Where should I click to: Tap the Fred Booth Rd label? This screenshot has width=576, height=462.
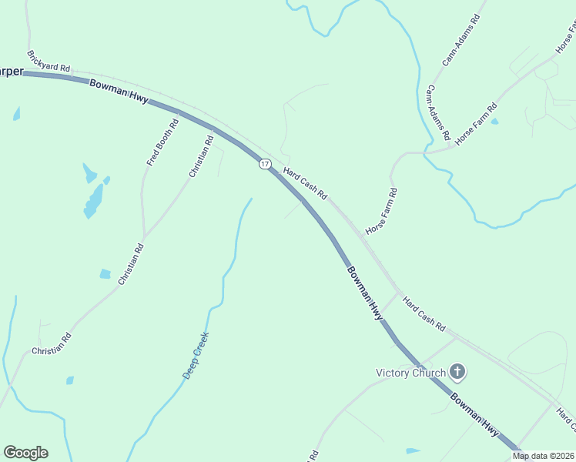tap(162, 141)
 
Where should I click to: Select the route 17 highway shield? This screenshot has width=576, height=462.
tap(265, 164)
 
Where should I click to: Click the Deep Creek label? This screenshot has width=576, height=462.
tap(196, 355)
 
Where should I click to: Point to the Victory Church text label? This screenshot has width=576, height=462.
tap(410, 373)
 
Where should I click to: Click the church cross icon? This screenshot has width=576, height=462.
tap(457, 373)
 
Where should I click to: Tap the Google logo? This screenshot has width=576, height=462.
tap(25, 453)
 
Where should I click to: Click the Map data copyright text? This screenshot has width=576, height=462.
tap(544, 456)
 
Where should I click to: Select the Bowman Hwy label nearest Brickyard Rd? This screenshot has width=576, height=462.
tap(119, 92)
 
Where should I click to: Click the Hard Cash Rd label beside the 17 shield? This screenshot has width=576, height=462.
tap(305, 182)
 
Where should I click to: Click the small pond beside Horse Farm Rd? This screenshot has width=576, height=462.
tap(494, 122)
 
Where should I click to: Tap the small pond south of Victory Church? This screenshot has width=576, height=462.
tap(413, 450)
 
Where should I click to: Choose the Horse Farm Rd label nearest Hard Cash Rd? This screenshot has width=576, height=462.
tap(382, 211)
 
